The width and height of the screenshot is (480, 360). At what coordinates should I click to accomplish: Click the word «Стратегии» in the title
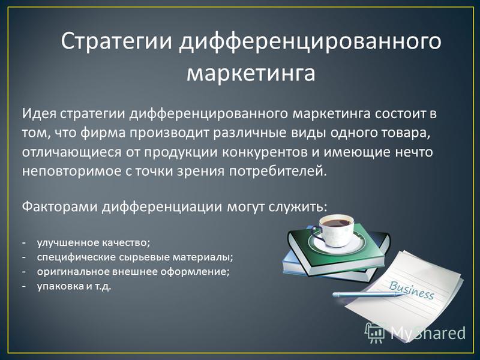click(x=116, y=42)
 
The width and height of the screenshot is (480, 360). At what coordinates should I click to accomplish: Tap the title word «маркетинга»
click(x=251, y=73)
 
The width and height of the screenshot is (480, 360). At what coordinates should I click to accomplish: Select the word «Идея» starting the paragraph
click(x=39, y=114)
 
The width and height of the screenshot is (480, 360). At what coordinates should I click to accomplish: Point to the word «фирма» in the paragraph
click(x=104, y=133)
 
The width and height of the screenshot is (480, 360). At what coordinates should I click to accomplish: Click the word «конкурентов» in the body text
click(x=265, y=152)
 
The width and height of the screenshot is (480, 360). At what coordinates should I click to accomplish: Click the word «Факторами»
click(x=59, y=206)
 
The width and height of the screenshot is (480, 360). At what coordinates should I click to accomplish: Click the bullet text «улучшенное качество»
click(x=94, y=242)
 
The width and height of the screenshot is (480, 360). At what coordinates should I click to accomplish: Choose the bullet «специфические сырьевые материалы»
click(x=135, y=257)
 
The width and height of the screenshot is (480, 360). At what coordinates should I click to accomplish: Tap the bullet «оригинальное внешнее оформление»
click(x=133, y=272)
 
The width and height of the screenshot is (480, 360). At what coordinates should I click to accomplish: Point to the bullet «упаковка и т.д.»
click(x=74, y=287)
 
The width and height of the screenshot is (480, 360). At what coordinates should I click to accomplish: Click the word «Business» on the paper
click(x=411, y=290)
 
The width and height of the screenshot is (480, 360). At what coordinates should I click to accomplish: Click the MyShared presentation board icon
click(x=374, y=332)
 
